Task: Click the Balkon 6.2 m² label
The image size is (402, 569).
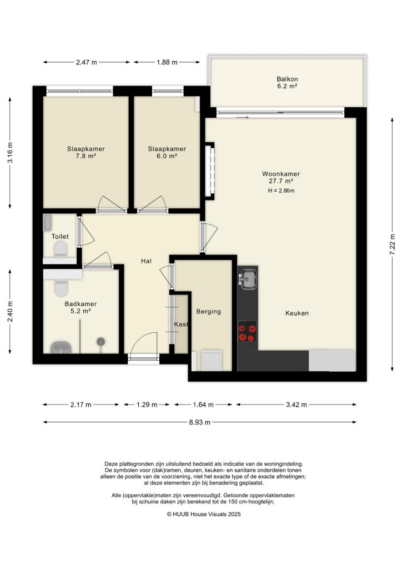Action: tap(287, 83)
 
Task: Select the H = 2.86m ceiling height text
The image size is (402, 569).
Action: tap(280, 191)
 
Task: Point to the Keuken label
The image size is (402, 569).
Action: tap(297, 313)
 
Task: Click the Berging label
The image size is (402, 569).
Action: tap(209, 312)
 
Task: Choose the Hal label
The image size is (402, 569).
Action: tap(147, 261)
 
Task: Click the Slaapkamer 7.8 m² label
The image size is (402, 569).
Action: tap(86, 153)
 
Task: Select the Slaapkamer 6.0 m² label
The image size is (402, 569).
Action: tap(167, 153)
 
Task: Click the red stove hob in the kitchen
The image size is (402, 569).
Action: tap(248, 332)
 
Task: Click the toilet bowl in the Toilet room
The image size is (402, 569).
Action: tap(60, 250)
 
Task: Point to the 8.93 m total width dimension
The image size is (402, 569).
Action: tap(200, 422)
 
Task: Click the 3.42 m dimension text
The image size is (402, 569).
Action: tap(296, 405)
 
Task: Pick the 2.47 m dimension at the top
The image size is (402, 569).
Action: tap(87, 62)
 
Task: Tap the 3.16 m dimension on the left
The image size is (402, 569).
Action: tap(10, 153)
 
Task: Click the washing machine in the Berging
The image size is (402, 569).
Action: tap(211, 360)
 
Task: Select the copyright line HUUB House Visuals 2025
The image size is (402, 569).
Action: tap(204, 515)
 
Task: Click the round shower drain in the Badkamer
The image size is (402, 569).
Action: tap(101, 341)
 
